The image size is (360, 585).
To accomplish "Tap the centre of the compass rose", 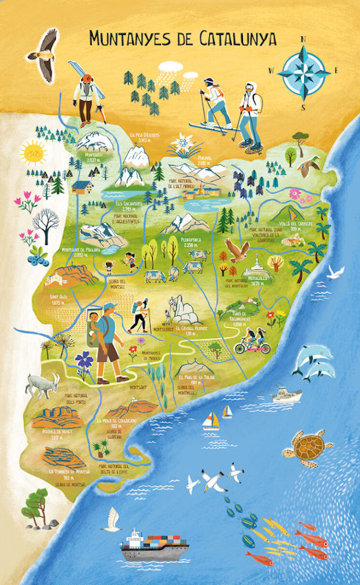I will pyautogui.click(x=304, y=70).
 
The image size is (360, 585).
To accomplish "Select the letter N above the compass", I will pyautogui.click(x=304, y=40).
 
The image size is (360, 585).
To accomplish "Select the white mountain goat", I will pyautogui.click(x=43, y=385).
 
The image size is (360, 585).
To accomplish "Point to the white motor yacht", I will pyautogui.click(x=286, y=394).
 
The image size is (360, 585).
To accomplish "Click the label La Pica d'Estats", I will pyautogui.click(x=144, y=136).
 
